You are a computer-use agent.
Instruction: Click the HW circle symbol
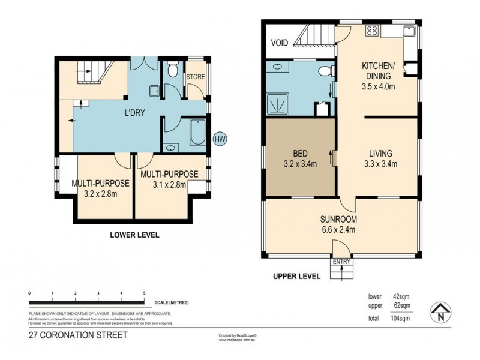coord(220,138)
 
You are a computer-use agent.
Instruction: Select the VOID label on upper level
coord(280,43)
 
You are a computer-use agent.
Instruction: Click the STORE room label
coord(196,77)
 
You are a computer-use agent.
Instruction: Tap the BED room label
coord(300,152)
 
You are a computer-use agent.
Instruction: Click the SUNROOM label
coord(338,219)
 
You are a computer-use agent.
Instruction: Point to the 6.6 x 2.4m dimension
coord(338,229)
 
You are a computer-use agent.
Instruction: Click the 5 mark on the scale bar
coord(144,293)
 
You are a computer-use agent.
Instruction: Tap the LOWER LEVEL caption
coord(134,235)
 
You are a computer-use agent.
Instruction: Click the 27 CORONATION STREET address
coord(78,335)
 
